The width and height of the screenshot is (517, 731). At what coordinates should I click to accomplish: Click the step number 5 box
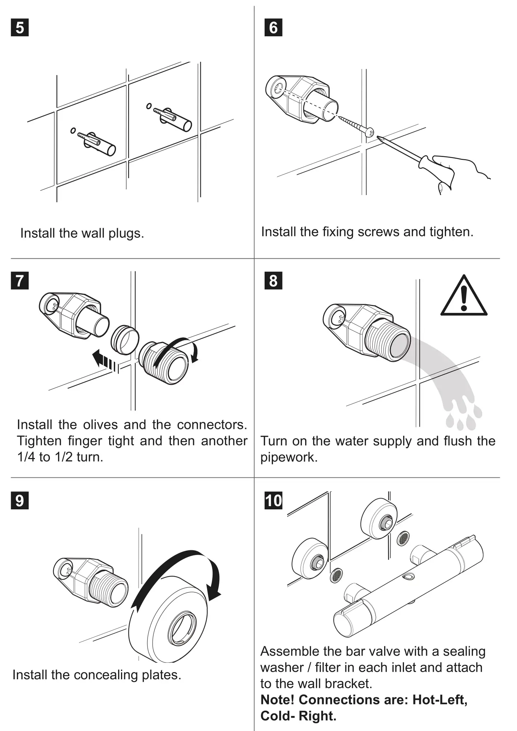tap(20, 28)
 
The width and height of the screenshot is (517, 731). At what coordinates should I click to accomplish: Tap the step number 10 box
tap(273, 500)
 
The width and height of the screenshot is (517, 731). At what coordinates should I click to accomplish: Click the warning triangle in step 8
tap(464, 297)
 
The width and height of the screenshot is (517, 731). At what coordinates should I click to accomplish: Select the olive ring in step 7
tap(125, 340)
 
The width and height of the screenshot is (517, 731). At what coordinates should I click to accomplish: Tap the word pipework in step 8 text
tap(289, 457)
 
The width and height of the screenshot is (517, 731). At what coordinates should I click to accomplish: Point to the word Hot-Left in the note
tap(439, 700)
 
